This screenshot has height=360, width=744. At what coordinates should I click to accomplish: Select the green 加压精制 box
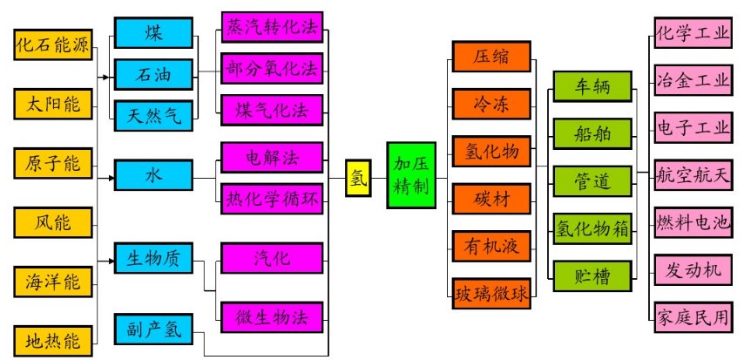tap(411, 174)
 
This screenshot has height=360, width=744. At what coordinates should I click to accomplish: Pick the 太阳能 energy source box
tap(52, 105)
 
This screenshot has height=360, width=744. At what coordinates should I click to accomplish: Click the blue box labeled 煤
tap(153, 32)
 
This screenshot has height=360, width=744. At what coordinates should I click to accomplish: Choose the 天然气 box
tap(153, 115)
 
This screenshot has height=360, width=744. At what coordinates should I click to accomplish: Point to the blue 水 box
tap(153, 175)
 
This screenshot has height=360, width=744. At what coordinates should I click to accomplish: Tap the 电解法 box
tap(272, 158)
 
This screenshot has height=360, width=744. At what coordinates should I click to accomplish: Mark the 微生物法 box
tap(272, 316)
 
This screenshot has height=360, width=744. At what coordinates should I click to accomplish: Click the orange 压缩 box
tap(490, 58)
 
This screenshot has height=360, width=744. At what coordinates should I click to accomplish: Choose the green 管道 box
tap(593, 181)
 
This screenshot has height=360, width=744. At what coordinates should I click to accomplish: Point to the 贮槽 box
tap(593, 276)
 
